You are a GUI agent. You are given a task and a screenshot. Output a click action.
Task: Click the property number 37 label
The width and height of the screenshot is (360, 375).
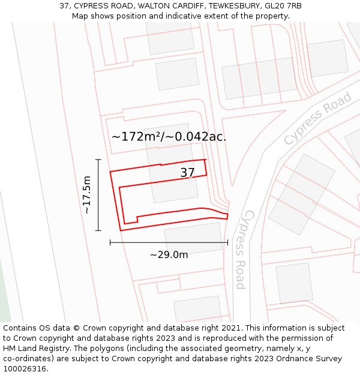[188, 173]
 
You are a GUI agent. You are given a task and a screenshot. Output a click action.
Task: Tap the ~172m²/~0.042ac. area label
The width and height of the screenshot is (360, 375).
[169, 136]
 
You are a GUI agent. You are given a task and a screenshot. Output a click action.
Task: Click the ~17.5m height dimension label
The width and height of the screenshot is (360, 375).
[87, 194]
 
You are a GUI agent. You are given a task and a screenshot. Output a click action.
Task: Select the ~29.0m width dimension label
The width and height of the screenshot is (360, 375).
[169, 255]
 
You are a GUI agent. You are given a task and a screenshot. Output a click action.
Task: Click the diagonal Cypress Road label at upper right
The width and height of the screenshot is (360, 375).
[317, 119]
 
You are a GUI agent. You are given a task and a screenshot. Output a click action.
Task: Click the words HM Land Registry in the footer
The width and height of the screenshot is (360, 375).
[32, 349]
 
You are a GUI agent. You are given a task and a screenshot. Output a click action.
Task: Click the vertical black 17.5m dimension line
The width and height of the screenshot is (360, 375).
[98, 194]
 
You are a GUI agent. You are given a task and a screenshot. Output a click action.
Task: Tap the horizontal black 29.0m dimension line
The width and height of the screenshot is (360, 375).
[169, 242]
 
